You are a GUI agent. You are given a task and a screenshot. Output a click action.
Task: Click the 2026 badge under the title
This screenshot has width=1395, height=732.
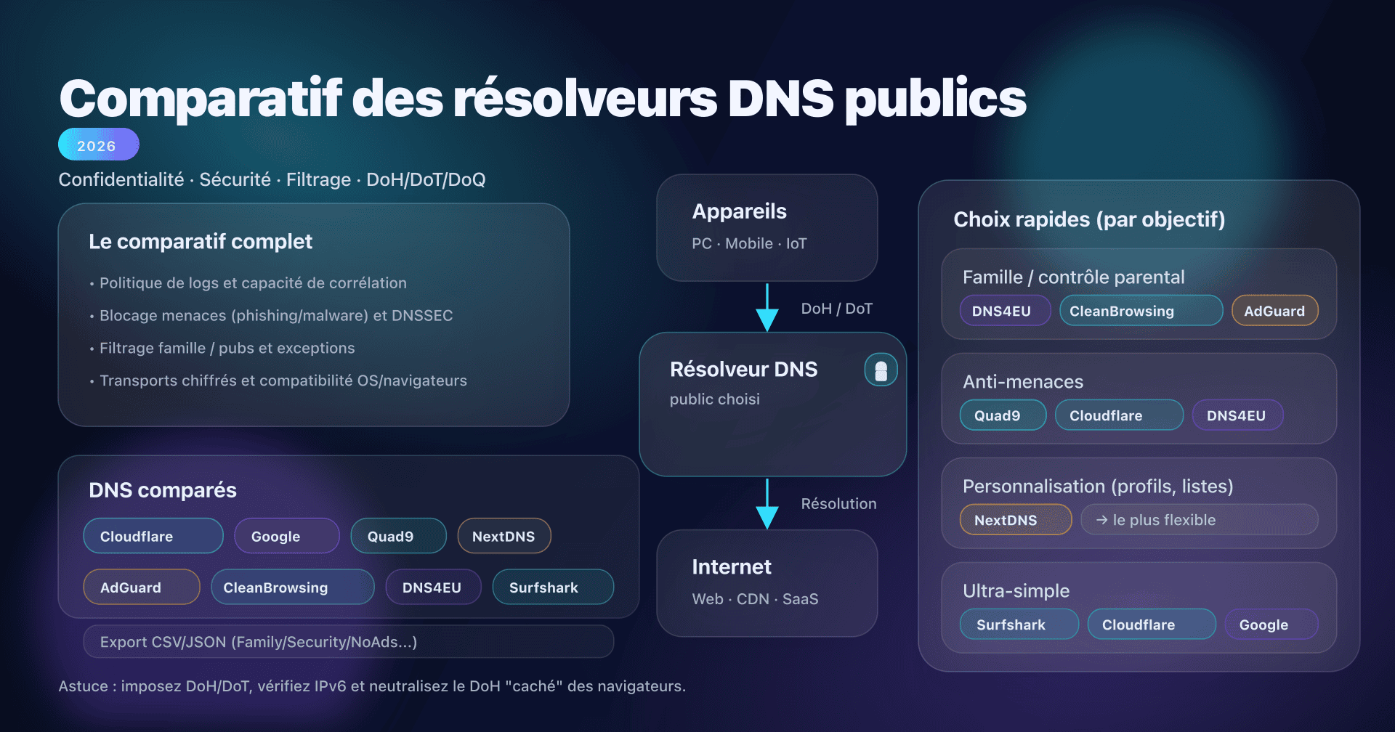click(98, 145)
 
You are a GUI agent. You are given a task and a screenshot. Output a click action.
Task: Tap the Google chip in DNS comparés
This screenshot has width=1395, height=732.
click(286, 536)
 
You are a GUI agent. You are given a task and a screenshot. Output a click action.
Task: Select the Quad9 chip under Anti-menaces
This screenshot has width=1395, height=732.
click(1003, 415)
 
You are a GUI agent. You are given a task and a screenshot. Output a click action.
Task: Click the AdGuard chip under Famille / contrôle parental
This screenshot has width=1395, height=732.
click(1274, 311)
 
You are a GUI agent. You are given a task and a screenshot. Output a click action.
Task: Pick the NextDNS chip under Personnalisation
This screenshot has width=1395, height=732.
click(1015, 520)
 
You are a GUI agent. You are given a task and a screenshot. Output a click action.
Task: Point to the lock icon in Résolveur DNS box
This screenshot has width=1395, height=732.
click(881, 370)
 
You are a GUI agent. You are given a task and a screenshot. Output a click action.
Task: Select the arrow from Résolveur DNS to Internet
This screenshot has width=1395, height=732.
click(767, 503)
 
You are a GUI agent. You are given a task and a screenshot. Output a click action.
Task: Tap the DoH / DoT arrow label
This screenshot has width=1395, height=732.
click(836, 309)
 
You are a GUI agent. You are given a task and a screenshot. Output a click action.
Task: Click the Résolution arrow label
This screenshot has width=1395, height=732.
click(838, 504)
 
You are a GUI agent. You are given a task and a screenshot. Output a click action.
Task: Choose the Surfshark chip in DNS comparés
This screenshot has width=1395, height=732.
click(553, 587)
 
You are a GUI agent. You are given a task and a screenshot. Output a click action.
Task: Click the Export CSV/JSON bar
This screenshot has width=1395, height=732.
click(348, 642)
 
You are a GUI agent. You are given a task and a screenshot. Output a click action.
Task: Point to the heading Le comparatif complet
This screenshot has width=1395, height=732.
click(201, 242)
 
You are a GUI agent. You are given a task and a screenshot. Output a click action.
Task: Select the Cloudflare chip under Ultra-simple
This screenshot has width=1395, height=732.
click(1151, 625)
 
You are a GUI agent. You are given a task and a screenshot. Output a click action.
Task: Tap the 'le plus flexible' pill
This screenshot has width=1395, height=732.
click(1199, 520)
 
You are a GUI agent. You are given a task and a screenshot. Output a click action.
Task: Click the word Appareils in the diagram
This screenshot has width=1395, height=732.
click(739, 211)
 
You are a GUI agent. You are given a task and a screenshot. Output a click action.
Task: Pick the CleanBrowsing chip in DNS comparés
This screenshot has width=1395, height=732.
click(292, 587)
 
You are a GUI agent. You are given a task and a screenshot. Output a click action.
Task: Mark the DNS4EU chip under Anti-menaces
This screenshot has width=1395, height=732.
click(1237, 415)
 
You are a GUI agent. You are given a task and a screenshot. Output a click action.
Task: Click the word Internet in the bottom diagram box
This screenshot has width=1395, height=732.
click(731, 567)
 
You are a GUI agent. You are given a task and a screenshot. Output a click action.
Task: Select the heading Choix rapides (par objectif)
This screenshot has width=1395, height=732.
click(1088, 219)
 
